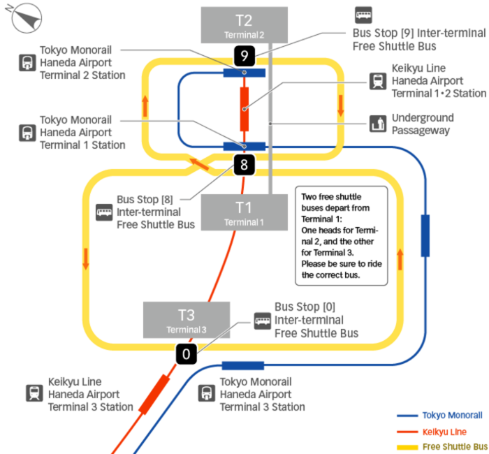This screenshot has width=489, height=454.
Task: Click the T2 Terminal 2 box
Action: (x=244, y=24)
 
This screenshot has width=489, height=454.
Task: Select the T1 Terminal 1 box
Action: (x=244, y=212)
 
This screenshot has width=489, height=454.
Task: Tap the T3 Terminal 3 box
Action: (x=187, y=320)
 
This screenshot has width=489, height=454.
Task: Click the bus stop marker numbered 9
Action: (x=245, y=54)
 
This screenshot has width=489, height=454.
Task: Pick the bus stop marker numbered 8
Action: (x=244, y=166)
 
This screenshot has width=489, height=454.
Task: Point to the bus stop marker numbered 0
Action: (x=186, y=354)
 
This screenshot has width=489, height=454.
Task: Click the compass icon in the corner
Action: (x=26, y=17)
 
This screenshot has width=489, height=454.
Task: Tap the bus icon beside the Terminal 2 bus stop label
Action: (x=363, y=15)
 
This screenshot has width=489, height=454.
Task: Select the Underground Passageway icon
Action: (x=379, y=124)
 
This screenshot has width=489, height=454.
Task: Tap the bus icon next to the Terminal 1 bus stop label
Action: (x=104, y=212)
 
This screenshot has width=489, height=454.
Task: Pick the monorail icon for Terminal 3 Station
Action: (x=207, y=393)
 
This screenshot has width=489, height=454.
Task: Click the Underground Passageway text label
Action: (x=422, y=124)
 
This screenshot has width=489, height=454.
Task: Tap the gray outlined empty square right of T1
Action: (x=341, y=236)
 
